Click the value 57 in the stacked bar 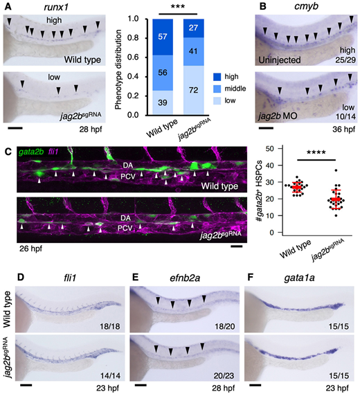click(163, 37)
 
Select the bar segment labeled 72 click(193, 91)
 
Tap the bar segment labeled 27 click(193, 28)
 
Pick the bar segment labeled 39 click(163, 103)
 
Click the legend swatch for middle click(217, 89)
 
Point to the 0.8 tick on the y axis click(138, 38)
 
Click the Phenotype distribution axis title click(118, 69)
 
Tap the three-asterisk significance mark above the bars click(178, 6)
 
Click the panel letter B click(263, 6)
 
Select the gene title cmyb click(306, 6)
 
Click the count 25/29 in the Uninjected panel click(345, 60)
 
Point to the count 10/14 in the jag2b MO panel click(345, 116)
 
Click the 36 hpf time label click(344, 129)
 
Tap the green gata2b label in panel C click(31, 152)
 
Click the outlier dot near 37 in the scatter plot click(336, 170)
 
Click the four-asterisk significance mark click(316, 152)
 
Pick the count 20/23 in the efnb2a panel click(224, 376)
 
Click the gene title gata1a click(300, 278)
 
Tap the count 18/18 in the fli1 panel click(110, 326)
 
